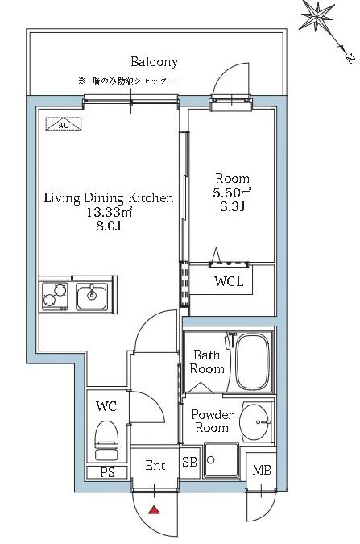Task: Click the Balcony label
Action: click(155, 62)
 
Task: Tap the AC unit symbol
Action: click(64, 124)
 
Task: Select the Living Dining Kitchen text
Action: click(109, 198)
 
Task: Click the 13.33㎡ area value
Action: click(110, 212)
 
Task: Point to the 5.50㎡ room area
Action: click(232, 193)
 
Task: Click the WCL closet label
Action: click(229, 281)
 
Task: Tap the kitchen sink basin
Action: click(92, 297)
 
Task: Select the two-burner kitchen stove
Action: click(55, 297)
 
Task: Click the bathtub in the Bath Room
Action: click(253, 361)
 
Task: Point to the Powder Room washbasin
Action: click(255, 421)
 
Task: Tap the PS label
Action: click(107, 472)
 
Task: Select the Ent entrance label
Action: click(155, 465)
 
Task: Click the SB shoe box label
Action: click(190, 462)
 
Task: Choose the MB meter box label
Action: click(262, 470)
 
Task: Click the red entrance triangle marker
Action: click(154, 510)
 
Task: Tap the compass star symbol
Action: click(318, 16)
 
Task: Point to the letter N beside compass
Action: click(350, 59)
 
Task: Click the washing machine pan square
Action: click(221, 460)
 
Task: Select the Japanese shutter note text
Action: click(126, 81)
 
